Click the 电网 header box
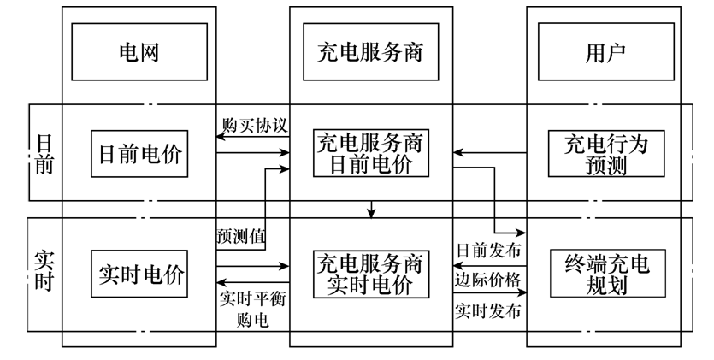coord(139,52)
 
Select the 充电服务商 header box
coord(370,52)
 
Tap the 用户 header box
coord(605,52)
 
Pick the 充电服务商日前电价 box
coord(370,154)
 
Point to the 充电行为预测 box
coord(606,154)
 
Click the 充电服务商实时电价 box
coord(370,274)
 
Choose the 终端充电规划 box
coord(606,274)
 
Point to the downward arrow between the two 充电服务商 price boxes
coord(371,209)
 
